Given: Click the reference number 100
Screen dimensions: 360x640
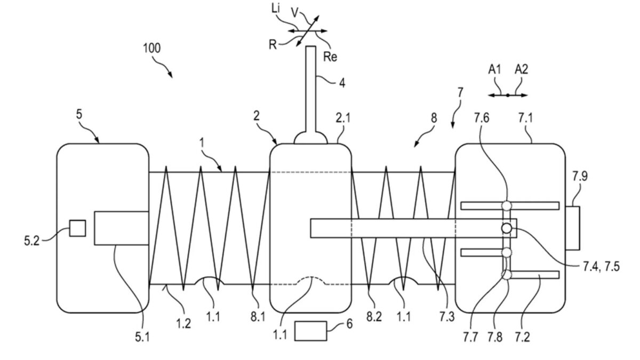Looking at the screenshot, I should click(x=152, y=48).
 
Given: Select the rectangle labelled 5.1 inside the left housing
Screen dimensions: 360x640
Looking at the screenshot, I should click(x=122, y=228).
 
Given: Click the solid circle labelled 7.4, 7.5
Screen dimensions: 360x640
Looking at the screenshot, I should click(x=506, y=228).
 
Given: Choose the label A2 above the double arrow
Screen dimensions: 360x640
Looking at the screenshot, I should click(x=522, y=69).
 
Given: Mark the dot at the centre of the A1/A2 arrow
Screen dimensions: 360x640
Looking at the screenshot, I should click(x=508, y=95).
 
